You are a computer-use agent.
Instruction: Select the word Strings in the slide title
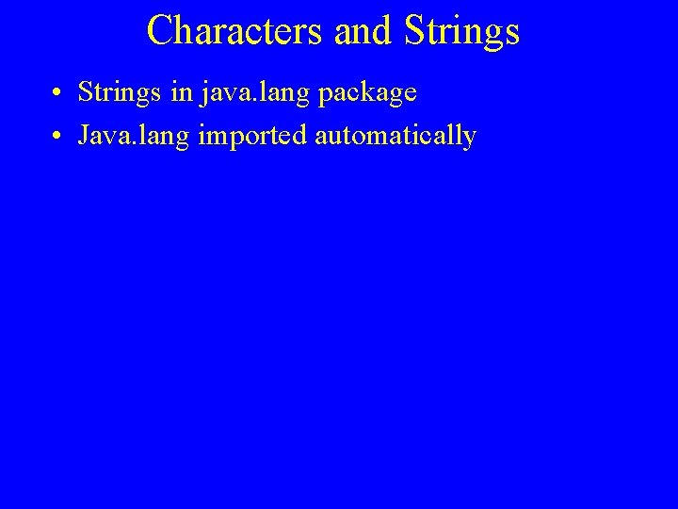click(460, 30)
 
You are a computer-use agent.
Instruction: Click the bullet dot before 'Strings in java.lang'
click(58, 95)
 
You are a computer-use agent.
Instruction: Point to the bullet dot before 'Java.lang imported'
click(58, 138)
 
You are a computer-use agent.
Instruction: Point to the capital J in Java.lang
click(85, 136)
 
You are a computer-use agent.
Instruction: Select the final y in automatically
click(469, 140)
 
